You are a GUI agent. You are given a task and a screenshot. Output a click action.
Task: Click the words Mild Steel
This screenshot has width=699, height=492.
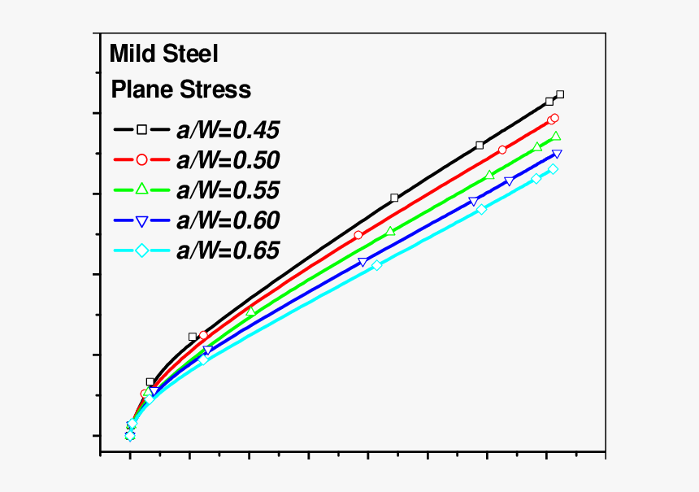tap(164, 54)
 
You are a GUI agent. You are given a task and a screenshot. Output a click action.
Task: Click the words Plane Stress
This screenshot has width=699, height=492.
tap(180, 89)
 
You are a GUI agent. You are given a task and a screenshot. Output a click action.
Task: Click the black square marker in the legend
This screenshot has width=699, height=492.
tap(141, 129)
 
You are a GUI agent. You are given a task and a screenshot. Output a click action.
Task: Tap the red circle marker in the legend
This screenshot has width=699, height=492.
tap(141, 159)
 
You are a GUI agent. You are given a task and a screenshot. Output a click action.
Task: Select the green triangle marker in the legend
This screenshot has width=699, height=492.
tap(141, 189)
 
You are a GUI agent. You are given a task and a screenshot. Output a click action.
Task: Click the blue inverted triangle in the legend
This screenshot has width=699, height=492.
tap(141, 220)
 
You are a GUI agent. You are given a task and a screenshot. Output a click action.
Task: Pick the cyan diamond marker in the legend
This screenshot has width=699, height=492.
tap(141, 250)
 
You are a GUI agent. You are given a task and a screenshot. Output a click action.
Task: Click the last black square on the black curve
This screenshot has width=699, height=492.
tap(560, 94)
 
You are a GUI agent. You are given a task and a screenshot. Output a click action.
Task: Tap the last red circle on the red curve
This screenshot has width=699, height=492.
tap(554, 119)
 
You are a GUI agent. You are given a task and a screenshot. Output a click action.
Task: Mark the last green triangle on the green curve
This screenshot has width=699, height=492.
tap(556, 136)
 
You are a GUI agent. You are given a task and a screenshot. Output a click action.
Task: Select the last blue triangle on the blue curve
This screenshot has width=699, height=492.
tap(557, 154)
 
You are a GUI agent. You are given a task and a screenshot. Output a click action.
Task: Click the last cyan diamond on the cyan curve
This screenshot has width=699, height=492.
tap(554, 169)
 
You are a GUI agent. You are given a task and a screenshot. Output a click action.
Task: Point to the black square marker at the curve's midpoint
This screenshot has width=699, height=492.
tap(394, 198)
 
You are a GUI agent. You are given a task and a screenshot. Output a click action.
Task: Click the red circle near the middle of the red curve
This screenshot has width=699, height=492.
tap(358, 235)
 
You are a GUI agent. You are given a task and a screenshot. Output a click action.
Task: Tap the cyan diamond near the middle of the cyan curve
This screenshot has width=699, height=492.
tap(377, 265)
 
